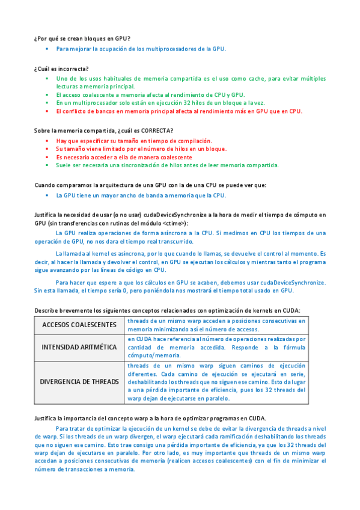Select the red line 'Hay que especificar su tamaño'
tap(130, 140)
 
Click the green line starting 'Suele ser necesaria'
tap(167, 165)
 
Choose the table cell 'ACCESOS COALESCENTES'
tap(79, 325)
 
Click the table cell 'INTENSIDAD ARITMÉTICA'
tap(79, 348)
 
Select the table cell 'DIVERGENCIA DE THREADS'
tap(79, 382)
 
